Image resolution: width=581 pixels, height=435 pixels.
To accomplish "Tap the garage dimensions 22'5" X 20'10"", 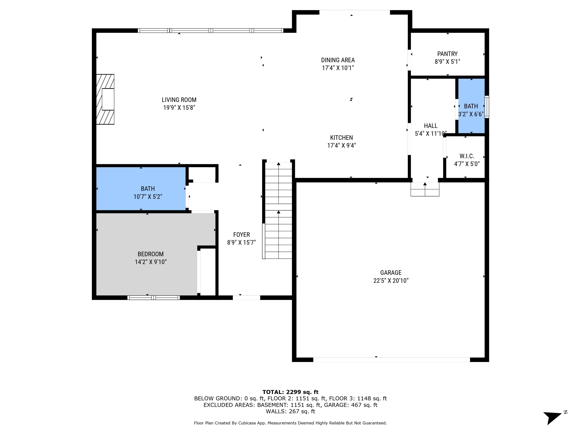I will pyautogui.click(x=391, y=281).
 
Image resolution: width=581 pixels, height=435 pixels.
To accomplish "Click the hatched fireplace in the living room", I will pyautogui.click(x=105, y=99).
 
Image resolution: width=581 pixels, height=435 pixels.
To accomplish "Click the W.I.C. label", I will pyautogui.click(x=467, y=156).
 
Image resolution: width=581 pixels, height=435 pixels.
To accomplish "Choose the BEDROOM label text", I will pyautogui.click(x=150, y=254).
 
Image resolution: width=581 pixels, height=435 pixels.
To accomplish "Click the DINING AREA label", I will pyautogui.click(x=338, y=60).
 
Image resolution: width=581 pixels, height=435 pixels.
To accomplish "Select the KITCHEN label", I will pyautogui.click(x=341, y=137).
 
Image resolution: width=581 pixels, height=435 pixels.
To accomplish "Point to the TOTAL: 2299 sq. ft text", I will pyautogui.click(x=290, y=392).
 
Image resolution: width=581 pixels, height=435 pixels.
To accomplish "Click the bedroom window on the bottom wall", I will pyautogui.click(x=153, y=298).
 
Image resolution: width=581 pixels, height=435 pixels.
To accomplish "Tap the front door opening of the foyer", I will pyautogui.click(x=246, y=298).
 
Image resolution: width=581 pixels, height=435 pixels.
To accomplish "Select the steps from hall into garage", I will pyautogui.click(x=425, y=189).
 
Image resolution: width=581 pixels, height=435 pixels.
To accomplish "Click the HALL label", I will pyautogui.click(x=431, y=126).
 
